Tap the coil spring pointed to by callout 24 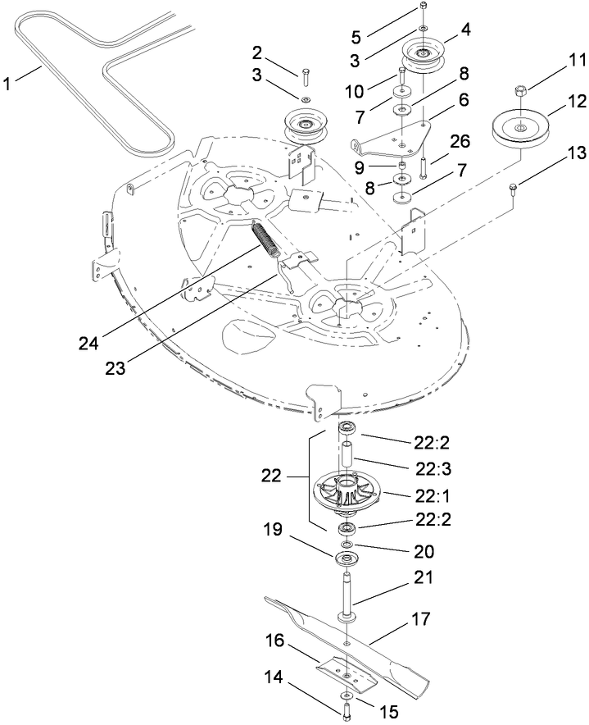(267, 240)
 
